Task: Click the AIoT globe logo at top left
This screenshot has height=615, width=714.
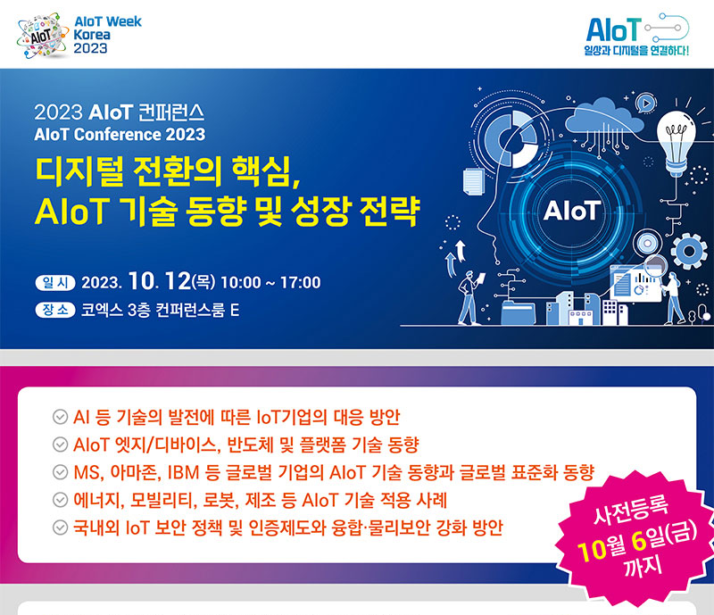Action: tap(42, 36)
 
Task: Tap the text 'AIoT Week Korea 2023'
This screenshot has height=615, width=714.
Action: tap(107, 35)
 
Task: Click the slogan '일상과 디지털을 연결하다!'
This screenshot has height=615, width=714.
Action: tap(636, 50)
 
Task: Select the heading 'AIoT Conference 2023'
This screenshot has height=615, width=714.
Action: tap(120, 135)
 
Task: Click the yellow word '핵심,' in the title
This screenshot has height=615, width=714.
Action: tap(266, 171)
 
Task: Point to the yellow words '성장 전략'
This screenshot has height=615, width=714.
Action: tap(355, 211)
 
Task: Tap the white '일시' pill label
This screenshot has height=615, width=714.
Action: tap(55, 282)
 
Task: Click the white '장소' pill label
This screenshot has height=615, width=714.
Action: tap(55, 311)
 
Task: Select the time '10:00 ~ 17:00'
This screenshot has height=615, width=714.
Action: tap(270, 282)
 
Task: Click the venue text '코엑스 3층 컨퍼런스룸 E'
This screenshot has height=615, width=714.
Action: tap(160, 311)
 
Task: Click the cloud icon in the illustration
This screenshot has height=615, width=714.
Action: tap(604, 119)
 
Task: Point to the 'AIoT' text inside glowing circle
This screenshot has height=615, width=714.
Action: tap(572, 211)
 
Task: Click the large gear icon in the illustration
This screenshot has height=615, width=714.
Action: tap(689, 251)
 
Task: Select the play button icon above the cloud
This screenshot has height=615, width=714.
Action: tap(646, 104)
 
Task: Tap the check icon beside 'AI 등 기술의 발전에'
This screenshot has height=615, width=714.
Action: tap(60, 417)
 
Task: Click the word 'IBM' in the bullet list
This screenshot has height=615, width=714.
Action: tap(184, 472)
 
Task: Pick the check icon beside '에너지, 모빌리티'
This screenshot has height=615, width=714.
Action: tap(60, 500)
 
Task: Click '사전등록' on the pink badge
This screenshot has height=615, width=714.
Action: tap(631, 510)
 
